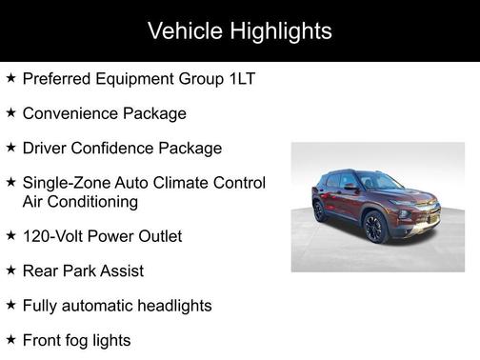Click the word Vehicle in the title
tap(182, 30)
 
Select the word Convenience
tap(70, 113)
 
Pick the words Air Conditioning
tap(80, 201)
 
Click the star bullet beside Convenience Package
tap(10, 113)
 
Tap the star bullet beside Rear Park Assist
tap(10, 271)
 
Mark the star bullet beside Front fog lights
tap(10, 340)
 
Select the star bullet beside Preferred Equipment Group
tap(10, 78)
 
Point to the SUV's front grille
tap(426, 211)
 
